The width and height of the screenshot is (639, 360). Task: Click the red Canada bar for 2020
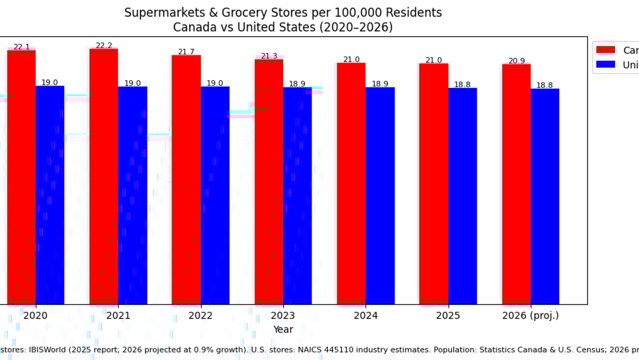[x=21, y=177]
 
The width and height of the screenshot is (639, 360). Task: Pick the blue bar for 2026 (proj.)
[x=545, y=196]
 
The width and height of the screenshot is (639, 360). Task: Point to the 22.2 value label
[x=104, y=45]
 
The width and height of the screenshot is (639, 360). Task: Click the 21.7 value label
[x=186, y=52]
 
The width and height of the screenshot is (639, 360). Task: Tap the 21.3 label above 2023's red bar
[x=269, y=56]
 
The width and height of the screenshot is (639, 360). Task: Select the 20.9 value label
[x=517, y=61]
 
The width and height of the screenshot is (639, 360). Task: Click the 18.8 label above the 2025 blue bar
[x=462, y=85]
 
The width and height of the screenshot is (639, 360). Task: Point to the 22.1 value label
[x=22, y=47]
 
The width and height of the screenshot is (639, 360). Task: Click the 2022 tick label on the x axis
[x=201, y=316]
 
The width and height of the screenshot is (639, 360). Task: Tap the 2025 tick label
[x=448, y=316]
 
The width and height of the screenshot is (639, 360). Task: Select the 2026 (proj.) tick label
[x=530, y=316]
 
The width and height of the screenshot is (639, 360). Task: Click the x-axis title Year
[x=283, y=330]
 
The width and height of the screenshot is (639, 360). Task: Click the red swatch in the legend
[x=606, y=50]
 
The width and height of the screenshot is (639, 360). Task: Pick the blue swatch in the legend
[x=606, y=64]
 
